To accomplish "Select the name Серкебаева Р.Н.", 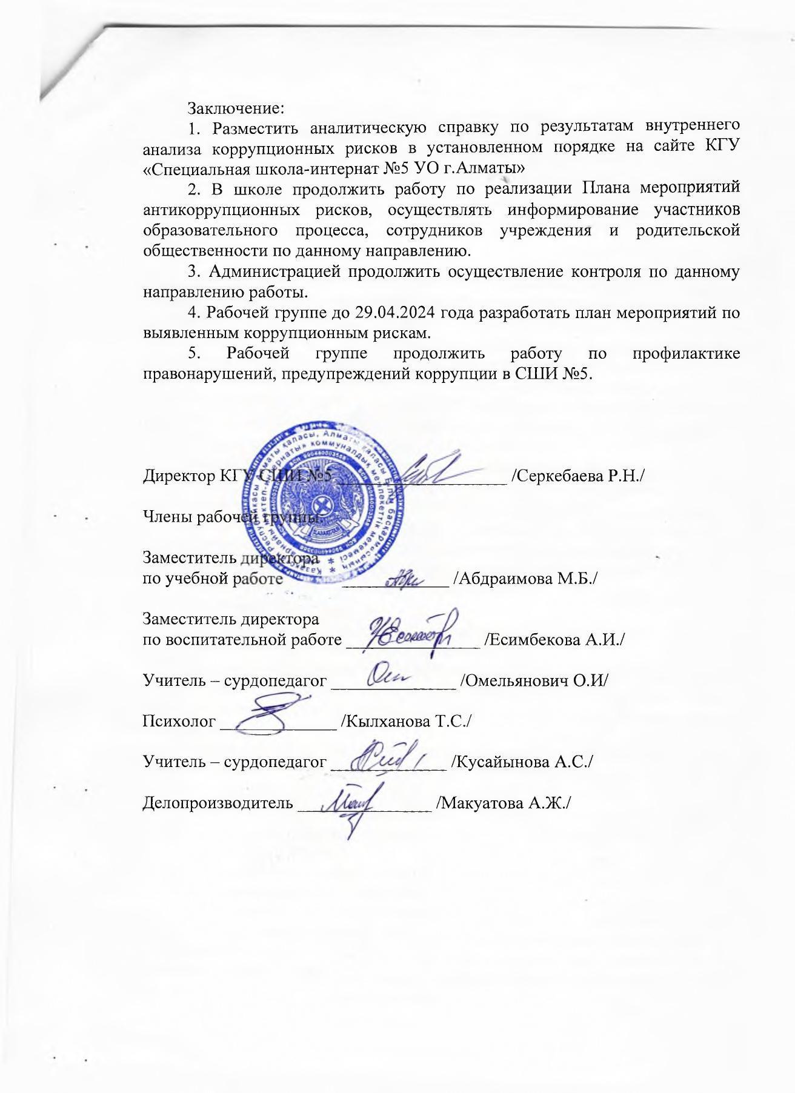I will [577, 476].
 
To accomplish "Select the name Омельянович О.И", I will [534, 680].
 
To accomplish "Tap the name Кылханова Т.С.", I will [407, 721].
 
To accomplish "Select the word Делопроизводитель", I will [218, 803].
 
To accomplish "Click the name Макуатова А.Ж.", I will [504, 803].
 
